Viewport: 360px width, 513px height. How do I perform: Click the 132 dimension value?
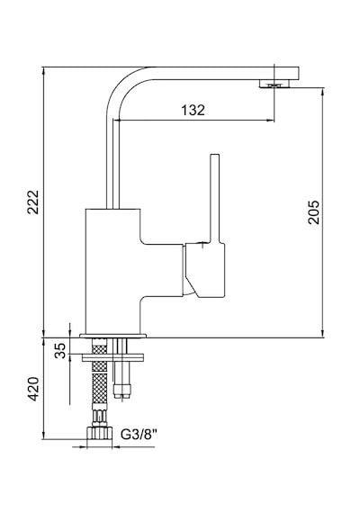tap(193, 111)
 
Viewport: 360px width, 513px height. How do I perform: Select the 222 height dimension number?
tap(33, 202)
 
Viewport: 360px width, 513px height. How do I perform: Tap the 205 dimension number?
tap(313, 212)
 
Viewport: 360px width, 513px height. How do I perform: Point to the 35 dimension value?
tap(60, 351)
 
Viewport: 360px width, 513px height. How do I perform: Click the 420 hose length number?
tap(33, 389)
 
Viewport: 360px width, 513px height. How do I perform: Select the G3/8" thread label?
tap(139, 435)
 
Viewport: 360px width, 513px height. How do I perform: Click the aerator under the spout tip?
tap(274, 84)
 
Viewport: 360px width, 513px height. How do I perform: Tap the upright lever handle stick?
tap(215, 198)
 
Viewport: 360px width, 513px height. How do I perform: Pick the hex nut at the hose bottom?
tap(100, 433)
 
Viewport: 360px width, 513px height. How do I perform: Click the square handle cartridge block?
tap(205, 270)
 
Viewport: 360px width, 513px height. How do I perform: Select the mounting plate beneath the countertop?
tap(112, 357)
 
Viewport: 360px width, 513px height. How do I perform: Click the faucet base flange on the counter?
tap(113, 336)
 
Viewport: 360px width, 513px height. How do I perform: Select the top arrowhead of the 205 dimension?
tap(323, 92)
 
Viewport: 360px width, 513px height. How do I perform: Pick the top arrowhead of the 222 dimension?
tap(43, 71)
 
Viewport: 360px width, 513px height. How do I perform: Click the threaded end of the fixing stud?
tap(122, 391)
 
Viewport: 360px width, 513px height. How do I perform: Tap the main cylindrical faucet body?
tap(112, 271)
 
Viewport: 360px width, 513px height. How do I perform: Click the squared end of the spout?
tap(286, 73)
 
